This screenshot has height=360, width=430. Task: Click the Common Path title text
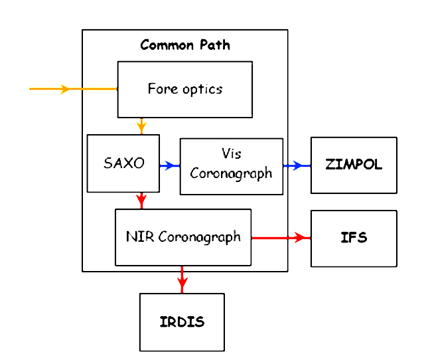(185, 45)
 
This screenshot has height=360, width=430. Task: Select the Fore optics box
(184, 89)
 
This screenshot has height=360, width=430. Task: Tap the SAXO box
(123, 163)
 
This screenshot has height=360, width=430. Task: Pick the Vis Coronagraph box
(231, 165)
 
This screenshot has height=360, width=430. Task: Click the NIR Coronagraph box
(183, 237)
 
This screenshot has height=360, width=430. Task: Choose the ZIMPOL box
(354, 165)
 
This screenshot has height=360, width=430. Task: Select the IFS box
(354, 238)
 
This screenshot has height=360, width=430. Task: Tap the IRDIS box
(182, 322)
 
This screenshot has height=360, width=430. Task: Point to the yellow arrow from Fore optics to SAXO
(141, 126)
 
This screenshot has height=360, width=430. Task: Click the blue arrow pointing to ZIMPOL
(297, 165)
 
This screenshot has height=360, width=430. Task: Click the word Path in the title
(214, 45)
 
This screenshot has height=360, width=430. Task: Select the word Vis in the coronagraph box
(231, 153)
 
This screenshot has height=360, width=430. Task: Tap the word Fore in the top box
(161, 89)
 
